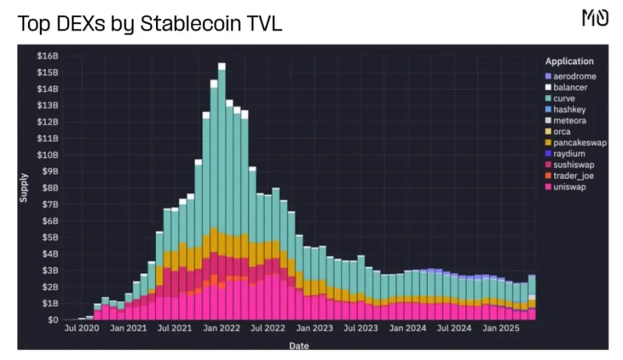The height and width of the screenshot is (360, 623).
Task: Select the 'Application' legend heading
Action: (x=569, y=61)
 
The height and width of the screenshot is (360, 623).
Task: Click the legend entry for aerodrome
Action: (x=574, y=76)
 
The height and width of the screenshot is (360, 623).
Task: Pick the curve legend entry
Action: (x=564, y=99)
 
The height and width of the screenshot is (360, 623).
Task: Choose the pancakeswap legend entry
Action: (x=579, y=143)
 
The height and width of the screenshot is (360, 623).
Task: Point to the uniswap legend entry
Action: (x=569, y=187)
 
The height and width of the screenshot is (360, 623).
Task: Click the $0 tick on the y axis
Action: (x=53, y=320)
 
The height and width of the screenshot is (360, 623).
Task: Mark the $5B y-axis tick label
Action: (x=51, y=237)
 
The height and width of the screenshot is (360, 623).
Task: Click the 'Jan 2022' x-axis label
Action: (x=222, y=329)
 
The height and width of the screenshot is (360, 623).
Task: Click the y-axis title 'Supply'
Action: (x=24, y=188)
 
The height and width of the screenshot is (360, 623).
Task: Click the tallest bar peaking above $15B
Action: (x=222, y=192)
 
